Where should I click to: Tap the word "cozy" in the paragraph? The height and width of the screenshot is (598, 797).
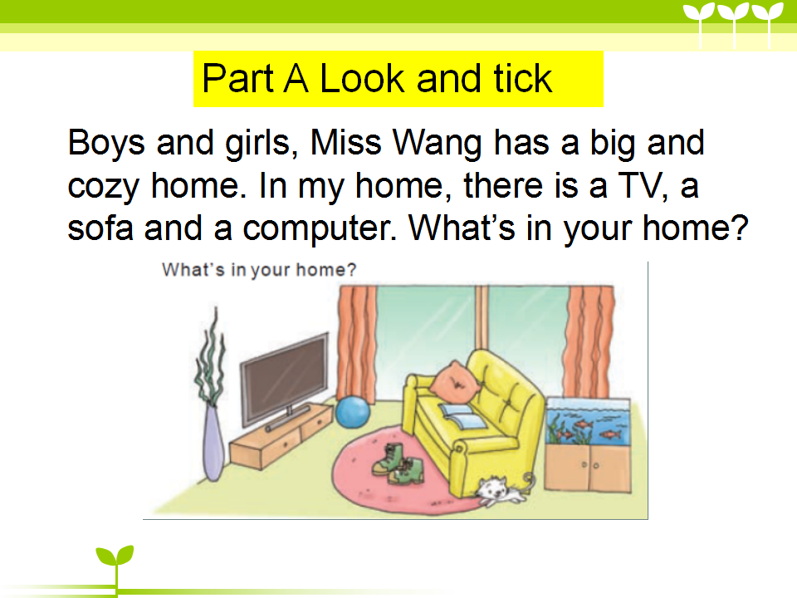click(x=103, y=187)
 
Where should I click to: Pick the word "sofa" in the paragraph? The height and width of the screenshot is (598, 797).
click(x=100, y=228)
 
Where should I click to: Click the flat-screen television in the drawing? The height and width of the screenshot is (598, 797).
click(x=285, y=379)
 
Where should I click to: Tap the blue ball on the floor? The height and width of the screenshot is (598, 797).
click(x=353, y=413)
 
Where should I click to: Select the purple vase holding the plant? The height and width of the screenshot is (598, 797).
click(x=213, y=443)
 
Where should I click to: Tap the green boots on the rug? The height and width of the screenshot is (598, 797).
click(x=398, y=463)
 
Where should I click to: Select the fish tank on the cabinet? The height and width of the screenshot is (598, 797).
click(x=589, y=422)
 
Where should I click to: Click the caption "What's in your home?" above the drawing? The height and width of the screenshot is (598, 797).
click(x=259, y=269)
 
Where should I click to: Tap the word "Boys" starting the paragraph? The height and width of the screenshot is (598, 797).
click(x=106, y=144)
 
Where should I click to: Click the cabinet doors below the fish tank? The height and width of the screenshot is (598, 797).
click(x=588, y=468)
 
